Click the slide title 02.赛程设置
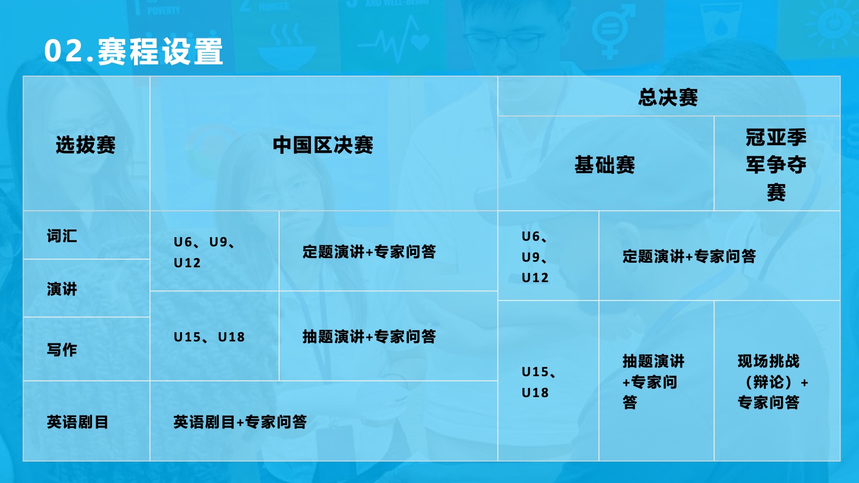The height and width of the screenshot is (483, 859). [x=133, y=51]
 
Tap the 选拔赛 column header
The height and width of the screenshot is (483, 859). [x=85, y=145]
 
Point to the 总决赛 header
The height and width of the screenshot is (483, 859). [x=668, y=97]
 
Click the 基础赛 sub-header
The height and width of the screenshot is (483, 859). [x=605, y=165]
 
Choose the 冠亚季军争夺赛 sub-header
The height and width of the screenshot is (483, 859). [x=776, y=165]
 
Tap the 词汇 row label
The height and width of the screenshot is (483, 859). [x=62, y=236]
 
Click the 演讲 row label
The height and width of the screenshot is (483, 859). [x=62, y=289]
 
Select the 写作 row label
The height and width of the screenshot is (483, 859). [x=62, y=350]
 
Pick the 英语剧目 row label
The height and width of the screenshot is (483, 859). [x=78, y=422]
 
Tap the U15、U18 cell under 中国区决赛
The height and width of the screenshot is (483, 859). [x=209, y=337]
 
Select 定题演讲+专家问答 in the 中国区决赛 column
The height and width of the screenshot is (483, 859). [x=369, y=252]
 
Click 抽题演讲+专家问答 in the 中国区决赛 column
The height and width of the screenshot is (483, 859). [x=369, y=336]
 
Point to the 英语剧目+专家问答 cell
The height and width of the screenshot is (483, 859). [x=240, y=422]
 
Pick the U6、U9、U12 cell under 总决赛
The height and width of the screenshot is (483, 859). [x=535, y=257]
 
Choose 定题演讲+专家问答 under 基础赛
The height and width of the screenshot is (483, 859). [x=689, y=256]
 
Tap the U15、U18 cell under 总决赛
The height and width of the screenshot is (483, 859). [x=539, y=382]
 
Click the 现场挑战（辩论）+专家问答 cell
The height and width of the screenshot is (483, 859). [x=772, y=382]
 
